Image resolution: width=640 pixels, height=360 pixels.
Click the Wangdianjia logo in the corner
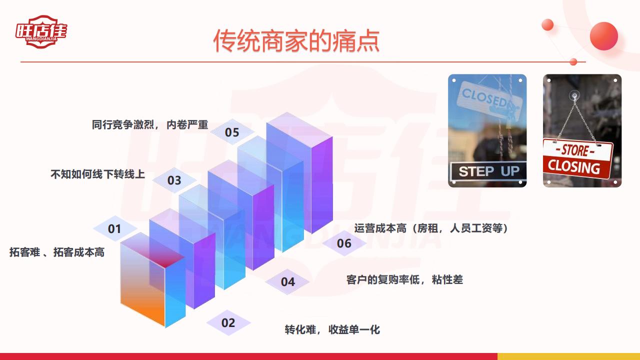pos(41,31)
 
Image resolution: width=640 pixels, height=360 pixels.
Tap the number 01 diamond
pos(114,228)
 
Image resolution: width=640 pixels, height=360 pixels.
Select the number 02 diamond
pos(228,323)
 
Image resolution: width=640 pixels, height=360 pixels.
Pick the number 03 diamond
pos(174,180)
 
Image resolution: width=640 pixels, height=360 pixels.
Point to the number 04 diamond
pos(287,281)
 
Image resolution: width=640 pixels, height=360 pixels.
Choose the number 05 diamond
pos(232,132)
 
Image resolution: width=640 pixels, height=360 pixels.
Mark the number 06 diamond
pos(344,243)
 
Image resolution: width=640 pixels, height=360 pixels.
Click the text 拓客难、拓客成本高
pos(57,252)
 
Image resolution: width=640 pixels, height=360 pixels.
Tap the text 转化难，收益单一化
pos(332,329)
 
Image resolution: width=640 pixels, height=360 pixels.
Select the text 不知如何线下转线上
pos(97,174)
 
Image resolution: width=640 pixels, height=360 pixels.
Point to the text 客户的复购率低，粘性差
pos(404,279)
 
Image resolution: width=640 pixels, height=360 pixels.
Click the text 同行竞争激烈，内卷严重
pos(150,124)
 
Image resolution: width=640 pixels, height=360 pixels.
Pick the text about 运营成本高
pos(431,228)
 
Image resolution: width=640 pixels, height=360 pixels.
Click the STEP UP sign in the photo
pos(488,171)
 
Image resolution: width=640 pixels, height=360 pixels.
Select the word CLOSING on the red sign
pos(573,167)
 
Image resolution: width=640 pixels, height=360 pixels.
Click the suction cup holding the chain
pos(574,94)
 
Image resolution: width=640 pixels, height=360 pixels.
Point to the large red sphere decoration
pos(603,36)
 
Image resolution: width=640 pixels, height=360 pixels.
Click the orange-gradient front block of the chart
pos(142,283)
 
